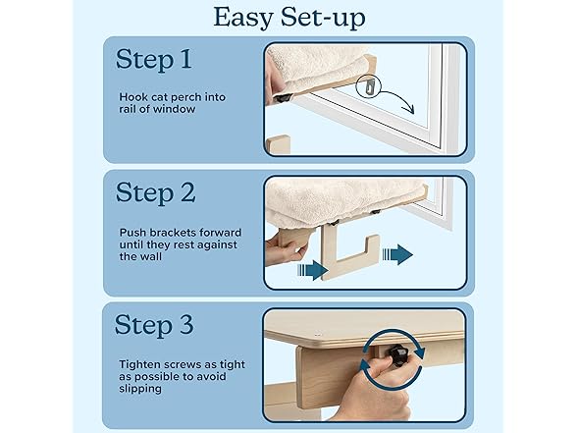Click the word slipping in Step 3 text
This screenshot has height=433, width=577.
[x=138, y=390]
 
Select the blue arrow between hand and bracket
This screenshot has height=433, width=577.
[x=309, y=266]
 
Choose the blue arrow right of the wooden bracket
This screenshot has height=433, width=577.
[x=397, y=255]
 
